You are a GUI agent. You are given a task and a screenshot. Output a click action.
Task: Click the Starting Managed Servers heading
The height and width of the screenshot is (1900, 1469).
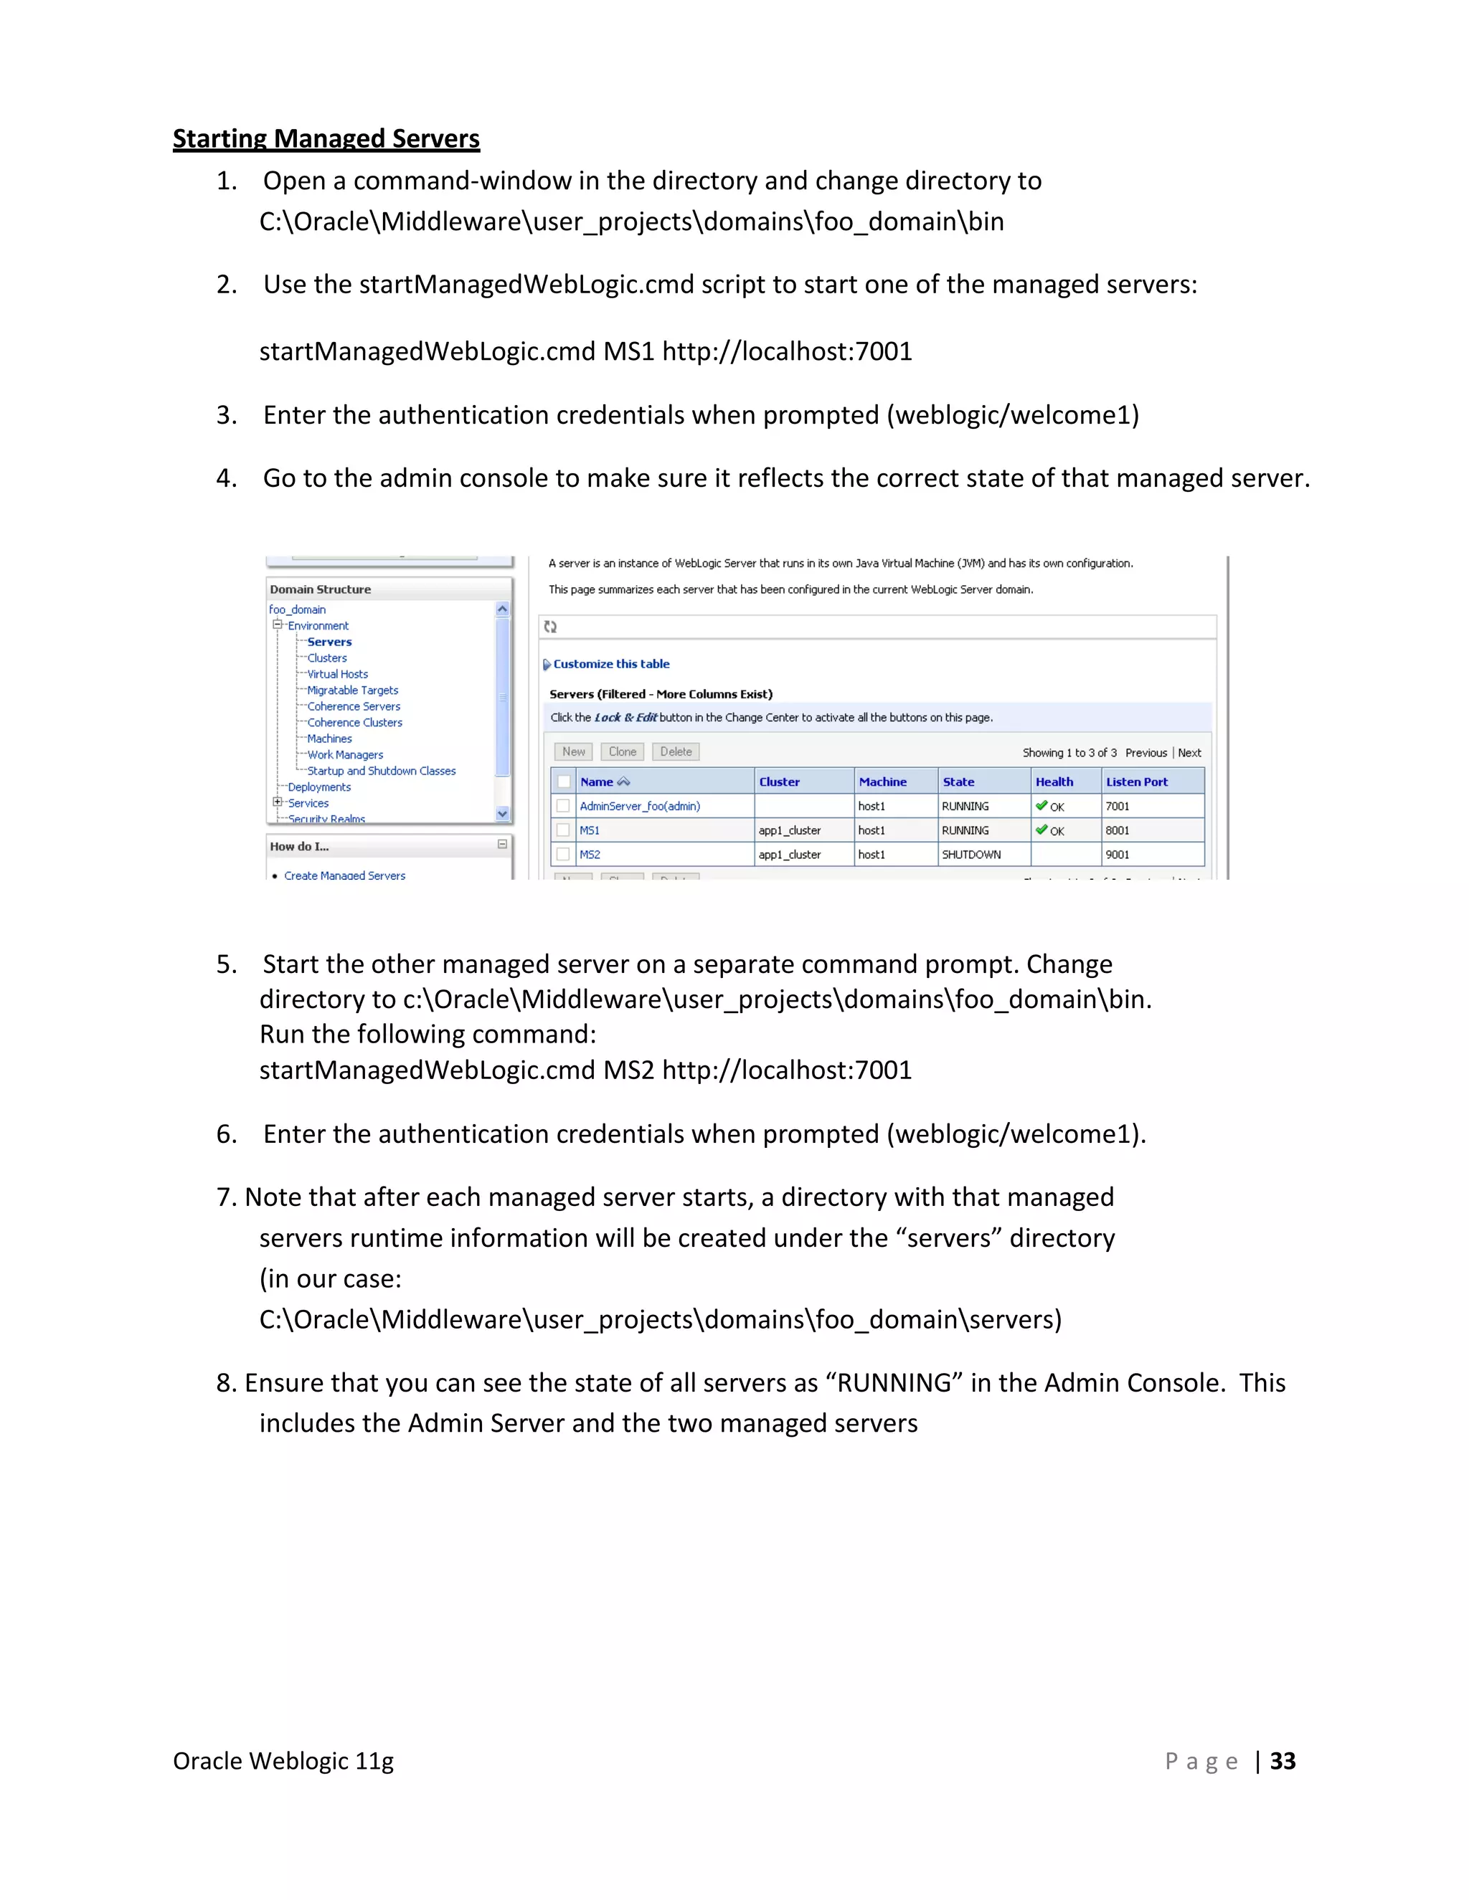(x=326, y=139)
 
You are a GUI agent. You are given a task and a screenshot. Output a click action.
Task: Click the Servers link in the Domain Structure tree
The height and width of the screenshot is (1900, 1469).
(x=329, y=642)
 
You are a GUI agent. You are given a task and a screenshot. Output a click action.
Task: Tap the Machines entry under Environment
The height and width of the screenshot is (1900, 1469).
(x=329, y=738)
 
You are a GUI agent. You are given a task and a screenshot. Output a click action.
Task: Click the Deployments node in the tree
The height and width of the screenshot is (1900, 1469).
(x=319, y=787)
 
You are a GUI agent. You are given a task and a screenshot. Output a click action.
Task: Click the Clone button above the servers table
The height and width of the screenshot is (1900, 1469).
(x=622, y=751)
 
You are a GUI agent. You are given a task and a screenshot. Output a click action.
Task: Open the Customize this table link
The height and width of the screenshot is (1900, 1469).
(x=611, y=664)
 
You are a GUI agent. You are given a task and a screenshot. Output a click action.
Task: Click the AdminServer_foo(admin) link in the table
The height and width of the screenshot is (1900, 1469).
(x=640, y=807)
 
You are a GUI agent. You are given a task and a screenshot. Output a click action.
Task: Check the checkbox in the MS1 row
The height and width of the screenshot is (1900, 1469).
(x=563, y=830)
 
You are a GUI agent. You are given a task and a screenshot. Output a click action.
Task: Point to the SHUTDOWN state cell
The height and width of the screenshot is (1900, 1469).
(x=971, y=855)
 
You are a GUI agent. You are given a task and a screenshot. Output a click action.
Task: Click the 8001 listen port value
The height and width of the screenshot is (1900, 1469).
(x=1117, y=831)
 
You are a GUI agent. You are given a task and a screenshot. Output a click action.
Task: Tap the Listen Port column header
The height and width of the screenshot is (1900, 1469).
(x=1137, y=782)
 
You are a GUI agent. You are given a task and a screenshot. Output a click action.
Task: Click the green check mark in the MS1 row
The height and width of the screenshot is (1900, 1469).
(x=1041, y=830)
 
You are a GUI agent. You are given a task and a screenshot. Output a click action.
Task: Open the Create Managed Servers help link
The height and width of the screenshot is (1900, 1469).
(x=344, y=875)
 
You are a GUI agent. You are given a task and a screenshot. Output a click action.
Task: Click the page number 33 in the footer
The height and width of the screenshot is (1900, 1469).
(x=1283, y=1761)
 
